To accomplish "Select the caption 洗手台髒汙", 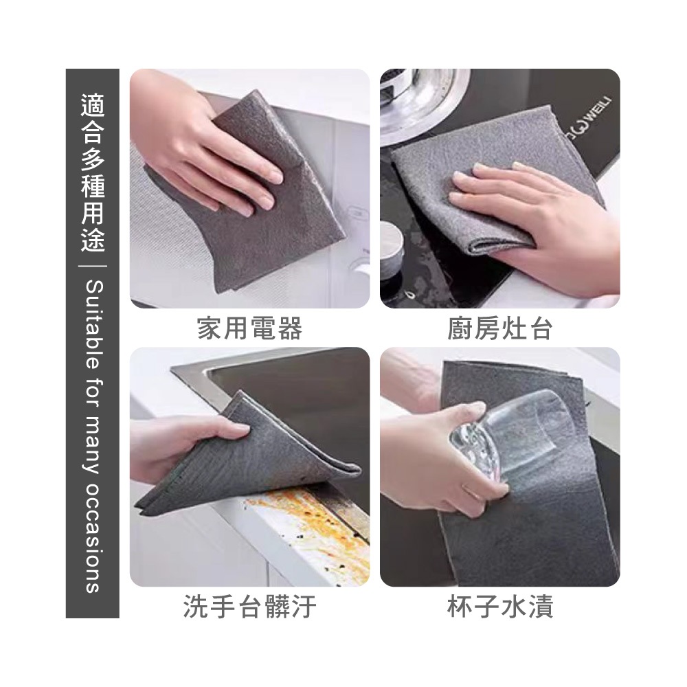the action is (250, 607).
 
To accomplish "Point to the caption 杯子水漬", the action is (500, 607).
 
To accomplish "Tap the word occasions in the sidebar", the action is (93, 538).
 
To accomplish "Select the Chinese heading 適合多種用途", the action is (93, 174).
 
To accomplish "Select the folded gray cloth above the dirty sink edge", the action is (245, 460).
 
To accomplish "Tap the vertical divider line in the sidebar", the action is (93, 266).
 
